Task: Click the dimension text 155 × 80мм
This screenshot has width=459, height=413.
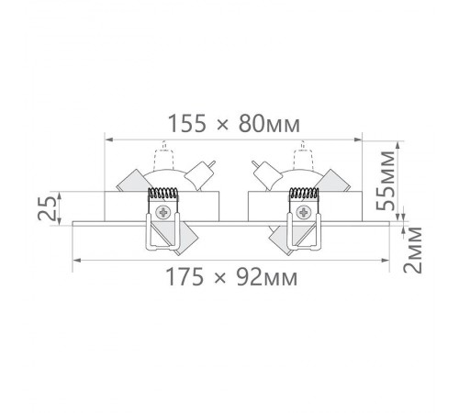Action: coord(237,122)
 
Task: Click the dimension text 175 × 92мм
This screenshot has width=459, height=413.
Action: coord(236,275)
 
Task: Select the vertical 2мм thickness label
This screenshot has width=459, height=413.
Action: coord(416,251)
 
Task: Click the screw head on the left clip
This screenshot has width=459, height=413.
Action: coord(164,213)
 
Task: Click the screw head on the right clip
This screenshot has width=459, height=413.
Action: coord(303,213)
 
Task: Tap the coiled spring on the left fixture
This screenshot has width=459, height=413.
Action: coord(164,194)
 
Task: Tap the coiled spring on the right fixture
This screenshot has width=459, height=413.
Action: coord(302,194)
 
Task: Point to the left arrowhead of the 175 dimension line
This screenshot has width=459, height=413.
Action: coord(75,260)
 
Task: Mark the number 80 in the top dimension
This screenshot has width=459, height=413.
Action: coord(262,122)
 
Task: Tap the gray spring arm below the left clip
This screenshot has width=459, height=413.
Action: coord(185,238)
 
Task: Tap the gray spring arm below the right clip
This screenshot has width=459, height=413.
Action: coord(280,238)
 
